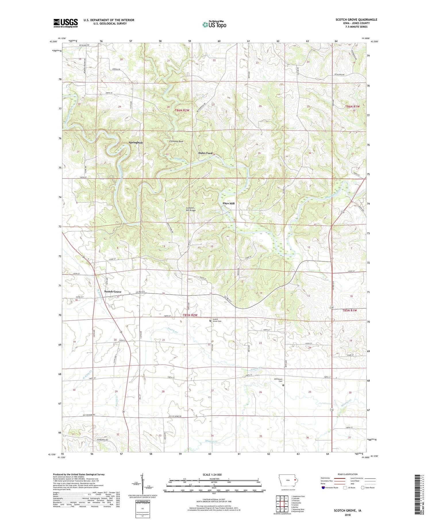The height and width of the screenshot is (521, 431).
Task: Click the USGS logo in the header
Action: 66,23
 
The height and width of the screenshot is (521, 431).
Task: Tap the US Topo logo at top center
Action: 214,25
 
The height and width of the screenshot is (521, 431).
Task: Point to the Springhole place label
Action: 136,143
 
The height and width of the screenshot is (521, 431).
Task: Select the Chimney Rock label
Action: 176,141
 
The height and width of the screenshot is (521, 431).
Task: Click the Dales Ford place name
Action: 205,153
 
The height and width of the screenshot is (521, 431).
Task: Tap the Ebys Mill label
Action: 228,203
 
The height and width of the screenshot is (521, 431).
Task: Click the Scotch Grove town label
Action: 113,292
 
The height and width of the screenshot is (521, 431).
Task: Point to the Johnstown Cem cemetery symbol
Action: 283,385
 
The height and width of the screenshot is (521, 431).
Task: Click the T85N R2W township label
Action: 190,315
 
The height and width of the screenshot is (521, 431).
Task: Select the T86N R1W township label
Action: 352,107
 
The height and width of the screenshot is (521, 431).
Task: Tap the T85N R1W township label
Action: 350,310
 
